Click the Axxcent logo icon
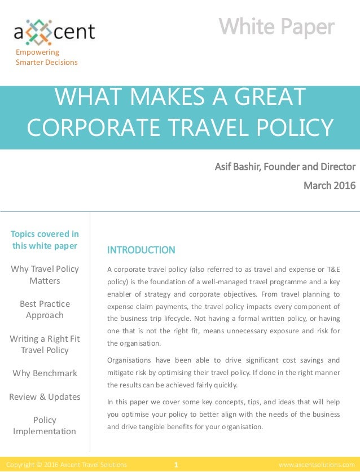pyautogui.click(x=38, y=31)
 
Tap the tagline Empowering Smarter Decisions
pyautogui.click(x=46, y=57)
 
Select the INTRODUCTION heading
pyautogui.click(x=141, y=250)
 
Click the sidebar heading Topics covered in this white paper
pyautogui.click(x=45, y=240)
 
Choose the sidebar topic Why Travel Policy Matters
pyautogui.click(x=45, y=275)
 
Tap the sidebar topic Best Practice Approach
pyautogui.click(x=45, y=309)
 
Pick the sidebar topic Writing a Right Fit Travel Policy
pyautogui.click(x=45, y=344)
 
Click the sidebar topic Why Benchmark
pyautogui.click(x=45, y=373)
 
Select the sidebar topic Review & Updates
pyautogui.click(x=45, y=396)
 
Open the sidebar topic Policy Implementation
pyautogui.click(x=45, y=425)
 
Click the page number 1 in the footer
pyautogui.click(x=176, y=465)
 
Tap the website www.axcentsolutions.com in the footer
pyautogui.click(x=317, y=465)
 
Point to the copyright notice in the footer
pyautogui.click(x=66, y=465)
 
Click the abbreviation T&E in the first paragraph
pyautogui.click(x=331, y=269)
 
